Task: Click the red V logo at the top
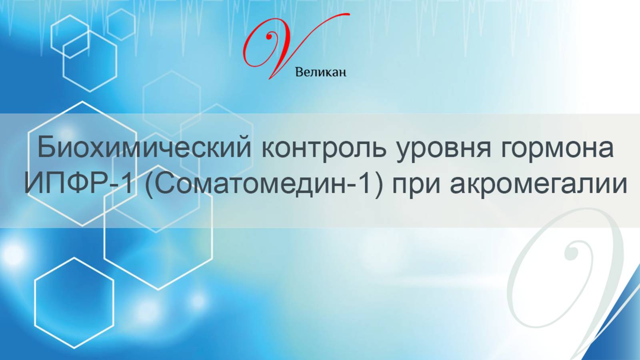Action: tap(280, 46)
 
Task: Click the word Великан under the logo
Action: tap(320, 72)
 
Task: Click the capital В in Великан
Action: tap(299, 72)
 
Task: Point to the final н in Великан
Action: tap(342, 73)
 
